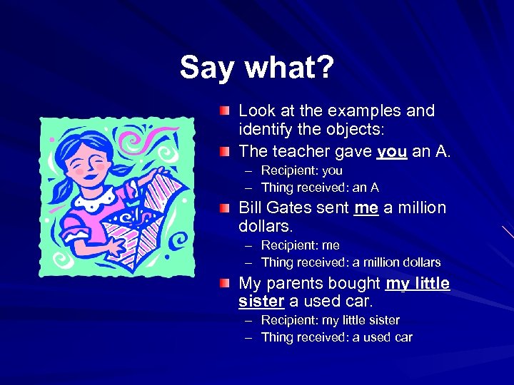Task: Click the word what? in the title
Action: pos(290,68)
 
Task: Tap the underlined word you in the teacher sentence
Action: pos(391,151)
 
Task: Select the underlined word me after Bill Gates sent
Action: pos(366,208)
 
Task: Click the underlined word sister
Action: pos(261,301)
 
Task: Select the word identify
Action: pos(267,131)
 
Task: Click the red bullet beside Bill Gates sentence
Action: pos(226,207)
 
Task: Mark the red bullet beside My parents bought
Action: pos(226,283)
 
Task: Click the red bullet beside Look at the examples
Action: pos(226,111)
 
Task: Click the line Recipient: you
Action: pos(301,170)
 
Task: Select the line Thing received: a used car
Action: pos(336,337)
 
